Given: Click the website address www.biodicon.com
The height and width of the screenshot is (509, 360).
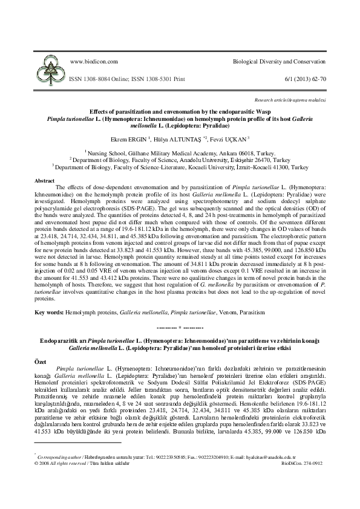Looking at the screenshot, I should [x=92, y=63].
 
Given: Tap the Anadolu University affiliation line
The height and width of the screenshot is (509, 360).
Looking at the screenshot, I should [x=180, y=160].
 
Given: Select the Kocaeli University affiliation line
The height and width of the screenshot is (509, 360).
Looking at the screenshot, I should [x=180, y=166].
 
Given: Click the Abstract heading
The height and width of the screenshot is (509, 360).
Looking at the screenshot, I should [x=45, y=181].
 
